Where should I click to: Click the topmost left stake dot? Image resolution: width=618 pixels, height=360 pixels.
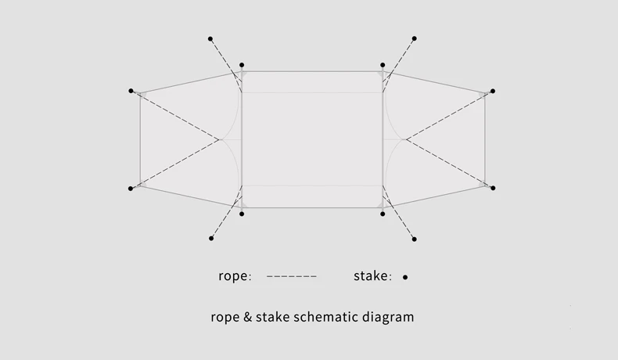tap(210, 38)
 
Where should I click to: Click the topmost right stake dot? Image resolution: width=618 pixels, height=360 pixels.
tap(415, 38)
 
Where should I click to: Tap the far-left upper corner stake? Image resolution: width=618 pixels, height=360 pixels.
tap(131, 91)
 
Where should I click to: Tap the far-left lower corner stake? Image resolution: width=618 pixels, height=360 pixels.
tap(131, 189)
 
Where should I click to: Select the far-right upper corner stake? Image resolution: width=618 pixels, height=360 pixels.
tap(493, 91)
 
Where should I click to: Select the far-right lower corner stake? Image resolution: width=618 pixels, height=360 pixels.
tap(493, 188)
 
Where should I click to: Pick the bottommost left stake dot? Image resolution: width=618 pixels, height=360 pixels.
tap(211, 238)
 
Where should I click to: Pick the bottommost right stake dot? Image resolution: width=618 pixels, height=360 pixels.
tap(415, 239)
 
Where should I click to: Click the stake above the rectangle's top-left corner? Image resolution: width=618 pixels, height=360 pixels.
tap(242, 65)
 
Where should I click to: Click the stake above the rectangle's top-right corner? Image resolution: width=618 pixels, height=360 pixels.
tap(383, 65)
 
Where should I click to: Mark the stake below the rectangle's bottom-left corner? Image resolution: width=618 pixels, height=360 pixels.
tap(242, 214)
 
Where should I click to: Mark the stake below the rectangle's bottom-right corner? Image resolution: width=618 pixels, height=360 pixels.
tap(383, 214)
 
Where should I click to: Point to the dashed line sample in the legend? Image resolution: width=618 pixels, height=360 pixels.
tap(292, 276)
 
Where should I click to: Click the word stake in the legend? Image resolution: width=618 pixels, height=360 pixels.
tap(371, 275)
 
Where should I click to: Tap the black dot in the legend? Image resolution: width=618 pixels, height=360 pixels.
tap(404, 277)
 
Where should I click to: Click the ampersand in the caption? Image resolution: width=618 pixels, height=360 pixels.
tap(247, 317)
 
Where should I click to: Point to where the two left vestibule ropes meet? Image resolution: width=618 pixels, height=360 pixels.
tap(219, 139)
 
